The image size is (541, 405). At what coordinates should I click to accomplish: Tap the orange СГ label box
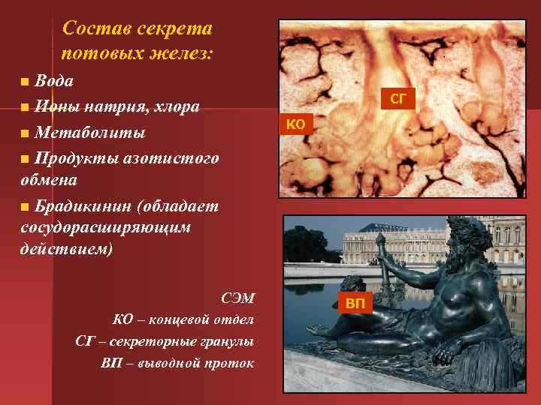[x=397, y=98]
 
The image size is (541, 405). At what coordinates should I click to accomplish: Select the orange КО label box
[x=296, y=124]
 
